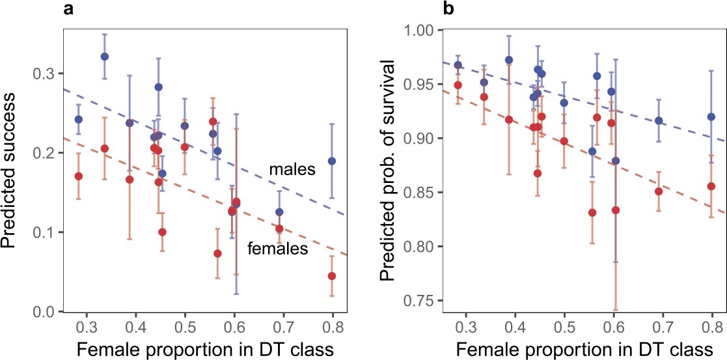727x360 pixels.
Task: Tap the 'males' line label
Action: (292, 170)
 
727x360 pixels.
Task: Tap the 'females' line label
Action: (277, 249)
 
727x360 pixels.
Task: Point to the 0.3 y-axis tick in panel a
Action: (43, 74)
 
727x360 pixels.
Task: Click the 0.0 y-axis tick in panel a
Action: (43, 312)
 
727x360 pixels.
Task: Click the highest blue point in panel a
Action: (104, 57)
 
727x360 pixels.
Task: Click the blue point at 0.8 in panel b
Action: (711, 117)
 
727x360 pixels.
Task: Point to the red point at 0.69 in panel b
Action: (659, 191)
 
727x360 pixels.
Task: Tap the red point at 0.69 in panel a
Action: (279, 228)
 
